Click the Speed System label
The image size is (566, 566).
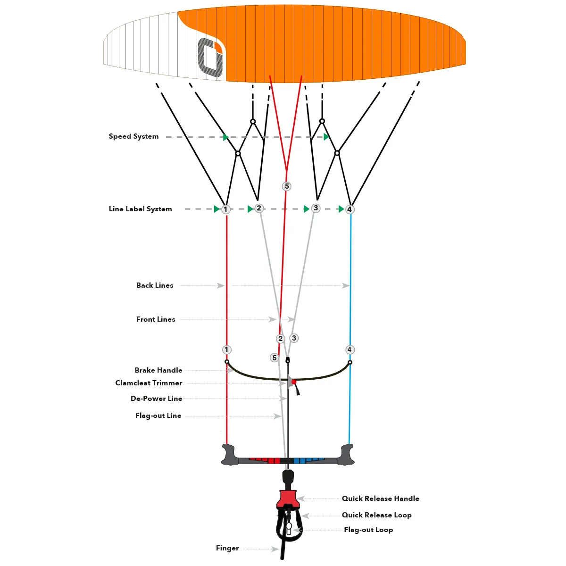click(x=133, y=136)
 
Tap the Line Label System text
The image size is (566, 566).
click(x=140, y=209)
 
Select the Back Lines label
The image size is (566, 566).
click(x=155, y=285)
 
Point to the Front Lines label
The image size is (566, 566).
click(x=156, y=319)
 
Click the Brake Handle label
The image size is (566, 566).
click(x=158, y=370)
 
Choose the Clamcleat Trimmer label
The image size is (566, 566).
click(x=149, y=383)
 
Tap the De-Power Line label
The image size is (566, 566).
click(x=156, y=399)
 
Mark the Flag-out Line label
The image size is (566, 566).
click(x=158, y=416)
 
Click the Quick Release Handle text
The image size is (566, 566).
click(x=380, y=499)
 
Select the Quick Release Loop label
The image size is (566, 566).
click(x=376, y=515)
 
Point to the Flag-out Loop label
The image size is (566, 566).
click(x=368, y=530)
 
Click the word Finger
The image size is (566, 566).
click(x=227, y=548)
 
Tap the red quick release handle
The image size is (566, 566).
click(x=288, y=499)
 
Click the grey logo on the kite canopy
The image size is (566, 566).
click(x=210, y=57)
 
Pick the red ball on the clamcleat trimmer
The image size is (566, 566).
click(x=294, y=382)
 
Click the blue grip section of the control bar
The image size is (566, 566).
click(x=308, y=460)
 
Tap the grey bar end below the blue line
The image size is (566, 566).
click(x=347, y=455)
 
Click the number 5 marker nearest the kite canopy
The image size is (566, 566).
click(x=287, y=186)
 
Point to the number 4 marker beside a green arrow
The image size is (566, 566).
click(x=350, y=209)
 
